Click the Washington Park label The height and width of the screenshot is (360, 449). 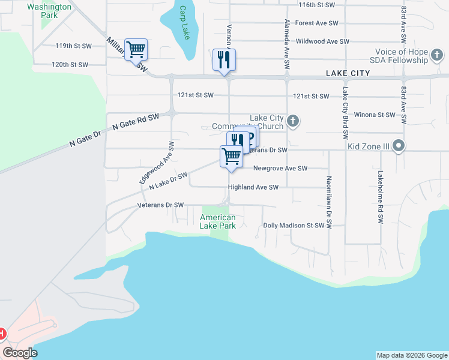(49, 11)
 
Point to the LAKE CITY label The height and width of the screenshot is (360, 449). (348, 73)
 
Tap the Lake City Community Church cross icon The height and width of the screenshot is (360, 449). (293, 122)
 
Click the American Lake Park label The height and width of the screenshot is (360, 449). (218, 221)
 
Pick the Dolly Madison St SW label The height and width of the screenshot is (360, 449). (298, 226)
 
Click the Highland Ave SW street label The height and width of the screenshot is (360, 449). (253, 187)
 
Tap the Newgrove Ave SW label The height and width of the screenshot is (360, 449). (280, 169)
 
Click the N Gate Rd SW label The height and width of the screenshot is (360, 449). (136, 122)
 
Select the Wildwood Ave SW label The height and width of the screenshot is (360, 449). (322, 42)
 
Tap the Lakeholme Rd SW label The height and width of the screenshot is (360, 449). (380, 197)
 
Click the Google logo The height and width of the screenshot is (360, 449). (20, 353)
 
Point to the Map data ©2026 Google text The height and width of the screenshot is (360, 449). (412, 355)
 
